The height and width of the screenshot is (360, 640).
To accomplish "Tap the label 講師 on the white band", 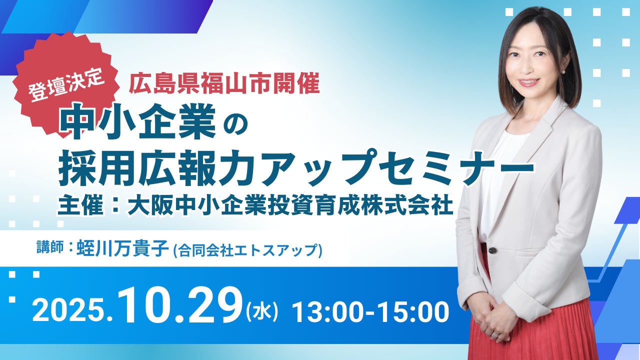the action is tap(49, 247).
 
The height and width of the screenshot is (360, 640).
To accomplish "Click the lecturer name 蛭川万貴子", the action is tap(123, 247).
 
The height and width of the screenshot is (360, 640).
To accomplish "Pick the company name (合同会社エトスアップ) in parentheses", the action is tap(248, 249).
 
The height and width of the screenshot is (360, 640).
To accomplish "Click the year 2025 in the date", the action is tap(68, 312).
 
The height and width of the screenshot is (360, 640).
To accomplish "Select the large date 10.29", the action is tap(180, 307).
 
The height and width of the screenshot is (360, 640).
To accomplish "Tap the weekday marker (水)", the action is tap(262, 312).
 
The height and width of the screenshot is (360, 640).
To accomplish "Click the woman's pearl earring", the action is tap(563, 72).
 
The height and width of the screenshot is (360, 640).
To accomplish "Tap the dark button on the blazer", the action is tap(492, 250).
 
